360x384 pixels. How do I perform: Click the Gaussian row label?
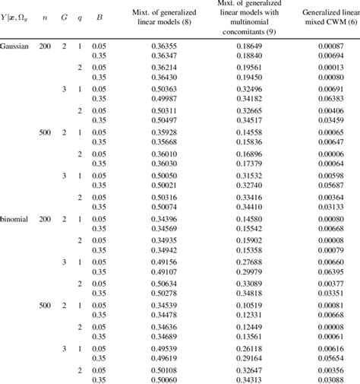[15, 46]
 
